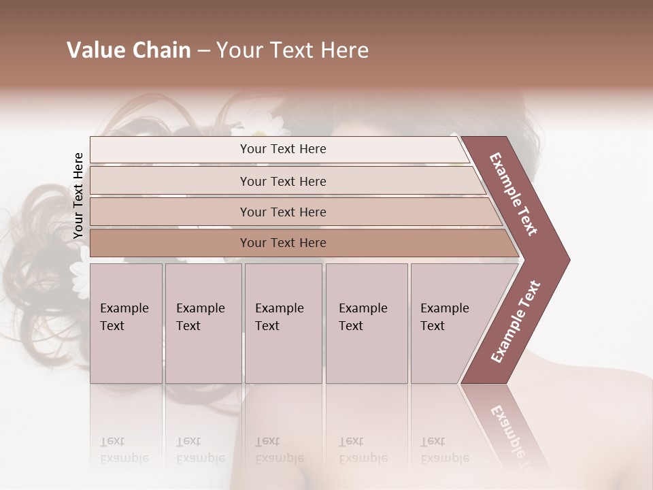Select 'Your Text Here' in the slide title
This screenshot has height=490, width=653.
[292, 50]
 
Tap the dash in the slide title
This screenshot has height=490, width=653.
[203, 51]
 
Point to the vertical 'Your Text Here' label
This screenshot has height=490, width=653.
[78, 195]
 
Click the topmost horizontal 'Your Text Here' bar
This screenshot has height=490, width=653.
[283, 149]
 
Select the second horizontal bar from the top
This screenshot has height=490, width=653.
[283, 181]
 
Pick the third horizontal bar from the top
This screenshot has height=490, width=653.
[283, 212]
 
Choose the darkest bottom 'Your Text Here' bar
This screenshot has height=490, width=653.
[283, 243]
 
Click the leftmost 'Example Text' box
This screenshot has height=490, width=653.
[126, 323]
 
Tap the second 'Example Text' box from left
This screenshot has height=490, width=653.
[203, 323]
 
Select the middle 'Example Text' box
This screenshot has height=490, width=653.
[283, 323]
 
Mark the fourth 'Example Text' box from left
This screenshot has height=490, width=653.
[366, 323]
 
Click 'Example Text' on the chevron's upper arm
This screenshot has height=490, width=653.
[514, 194]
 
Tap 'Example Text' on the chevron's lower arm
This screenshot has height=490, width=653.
[516, 321]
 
